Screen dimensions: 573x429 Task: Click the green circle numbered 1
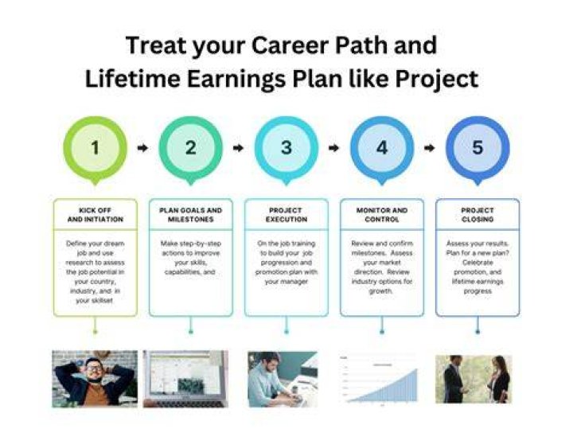[x=95, y=147]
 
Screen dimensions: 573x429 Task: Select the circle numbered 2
[x=191, y=147]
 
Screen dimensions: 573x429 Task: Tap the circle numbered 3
[x=286, y=147]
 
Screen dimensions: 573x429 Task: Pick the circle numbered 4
[x=382, y=147]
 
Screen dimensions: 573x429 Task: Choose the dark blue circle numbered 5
[x=477, y=147]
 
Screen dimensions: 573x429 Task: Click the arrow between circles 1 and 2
[x=142, y=148]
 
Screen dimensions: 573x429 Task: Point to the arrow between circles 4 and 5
[x=430, y=148]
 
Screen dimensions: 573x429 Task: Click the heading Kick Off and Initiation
[x=95, y=215]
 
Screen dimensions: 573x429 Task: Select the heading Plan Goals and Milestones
[x=191, y=215]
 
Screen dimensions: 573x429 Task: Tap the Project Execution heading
[x=286, y=215]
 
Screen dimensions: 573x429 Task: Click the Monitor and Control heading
[x=382, y=215]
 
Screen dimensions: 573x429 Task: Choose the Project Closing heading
[x=477, y=215]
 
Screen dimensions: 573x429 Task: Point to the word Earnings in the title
[x=236, y=79]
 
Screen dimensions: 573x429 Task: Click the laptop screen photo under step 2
[x=185, y=379]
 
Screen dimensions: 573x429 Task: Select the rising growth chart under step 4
[x=379, y=380]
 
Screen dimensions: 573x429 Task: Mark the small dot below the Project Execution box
[x=286, y=332]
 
